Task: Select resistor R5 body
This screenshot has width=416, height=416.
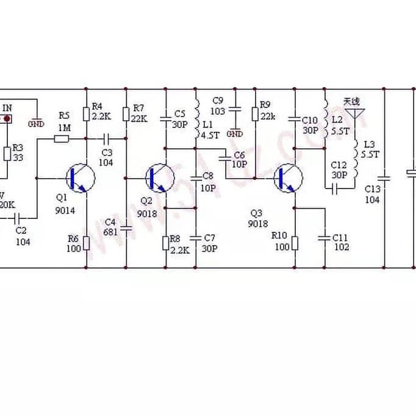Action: click(x=62, y=139)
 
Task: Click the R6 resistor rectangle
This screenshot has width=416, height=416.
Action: click(x=87, y=243)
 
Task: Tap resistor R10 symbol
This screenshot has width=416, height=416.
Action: click(x=295, y=243)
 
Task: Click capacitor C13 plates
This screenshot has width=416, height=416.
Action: click(x=384, y=179)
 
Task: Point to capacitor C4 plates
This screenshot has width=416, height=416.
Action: click(x=126, y=230)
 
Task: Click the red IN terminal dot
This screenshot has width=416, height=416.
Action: click(x=7, y=118)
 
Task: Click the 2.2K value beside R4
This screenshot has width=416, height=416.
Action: click(x=101, y=116)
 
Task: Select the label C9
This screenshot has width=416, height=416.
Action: click(x=218, y=101)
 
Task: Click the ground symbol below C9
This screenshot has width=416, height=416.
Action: click(x=235, y=133)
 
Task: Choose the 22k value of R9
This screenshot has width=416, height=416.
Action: click(x=268, y=116)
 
